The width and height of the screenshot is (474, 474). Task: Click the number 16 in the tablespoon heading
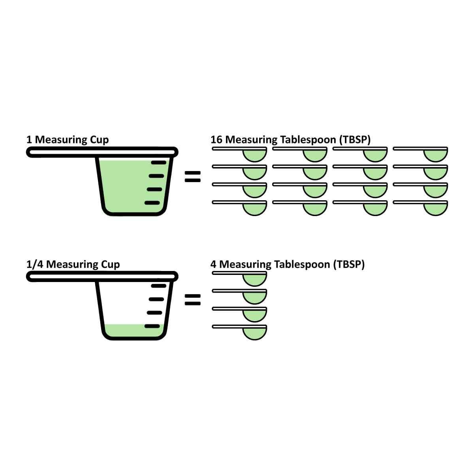216,139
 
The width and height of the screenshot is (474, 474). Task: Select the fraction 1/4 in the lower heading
35,264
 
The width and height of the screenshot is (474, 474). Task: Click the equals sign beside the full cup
193,176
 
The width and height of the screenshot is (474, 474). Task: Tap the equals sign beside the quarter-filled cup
193,301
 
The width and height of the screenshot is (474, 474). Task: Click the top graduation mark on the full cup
159,162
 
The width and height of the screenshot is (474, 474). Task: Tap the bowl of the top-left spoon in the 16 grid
254,156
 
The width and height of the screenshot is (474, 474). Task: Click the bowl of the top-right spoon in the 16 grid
436,156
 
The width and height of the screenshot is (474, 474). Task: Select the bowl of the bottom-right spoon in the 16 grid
436,209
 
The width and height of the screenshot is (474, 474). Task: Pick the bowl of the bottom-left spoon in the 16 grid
254,209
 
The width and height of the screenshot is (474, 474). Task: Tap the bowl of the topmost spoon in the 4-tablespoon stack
254,280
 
